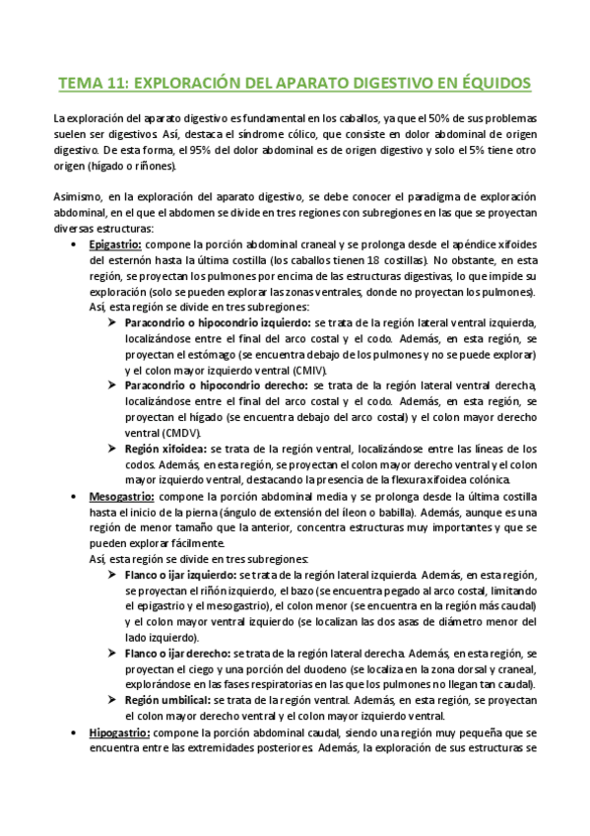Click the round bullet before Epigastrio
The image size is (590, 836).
76,244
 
